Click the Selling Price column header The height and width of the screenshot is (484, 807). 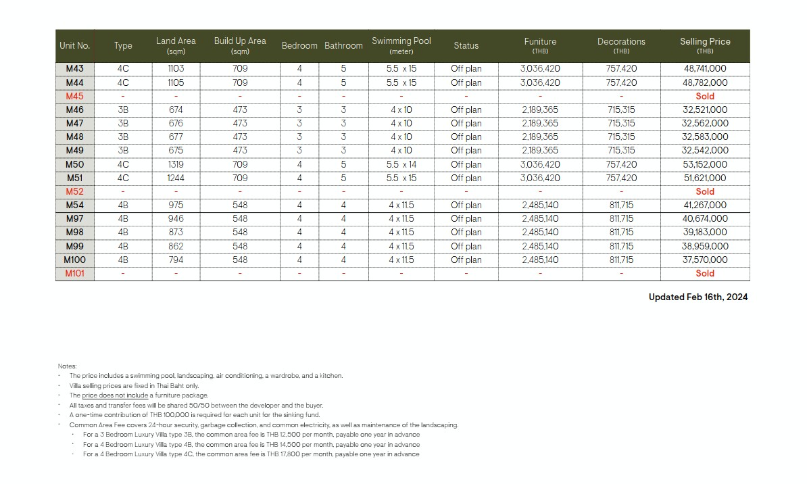pyautogui.click(x=705, y=45)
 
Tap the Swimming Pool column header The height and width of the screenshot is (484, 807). pyautogui.click(x=401, y=45)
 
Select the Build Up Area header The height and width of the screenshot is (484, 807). pyautogui.click(x=240, y=45)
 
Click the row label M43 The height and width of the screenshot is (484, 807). pyautogui.click(x=75, y=69)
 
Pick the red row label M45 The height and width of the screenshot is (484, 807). pyautogui.click(x=75, y=96)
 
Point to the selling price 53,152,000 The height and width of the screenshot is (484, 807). pyautogui.click(x=705, y=164)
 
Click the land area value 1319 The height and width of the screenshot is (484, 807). pyautogui.click(x=176, y=164)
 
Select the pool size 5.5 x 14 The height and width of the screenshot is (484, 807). pyautogui.click(x=401, y=164)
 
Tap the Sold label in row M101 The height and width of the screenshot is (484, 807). pyautogui.click(x=705, y=274)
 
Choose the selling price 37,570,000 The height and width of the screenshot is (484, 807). pyautogui.click(x=705, y=260)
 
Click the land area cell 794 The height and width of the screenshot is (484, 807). pyautogui.click(x=176, y=260)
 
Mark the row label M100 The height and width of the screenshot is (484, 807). pyautogui.click(x=75, y=260)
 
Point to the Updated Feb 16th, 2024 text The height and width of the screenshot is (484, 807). pyautogui.click(x=698, y=297)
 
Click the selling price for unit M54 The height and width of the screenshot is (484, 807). pyautogui.click(x=705, y=205)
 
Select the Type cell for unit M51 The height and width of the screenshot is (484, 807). pyautogui.click(x=123, y=178)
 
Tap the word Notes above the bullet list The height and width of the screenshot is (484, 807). pyautogui.click(x=68, y=366)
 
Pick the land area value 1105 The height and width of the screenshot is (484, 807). pyautogui.click(x=176, y=82)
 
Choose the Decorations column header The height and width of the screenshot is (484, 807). pyautogui.click(x=621, y=45)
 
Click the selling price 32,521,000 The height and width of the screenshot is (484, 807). pyautogui.click(x=705, y=110)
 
